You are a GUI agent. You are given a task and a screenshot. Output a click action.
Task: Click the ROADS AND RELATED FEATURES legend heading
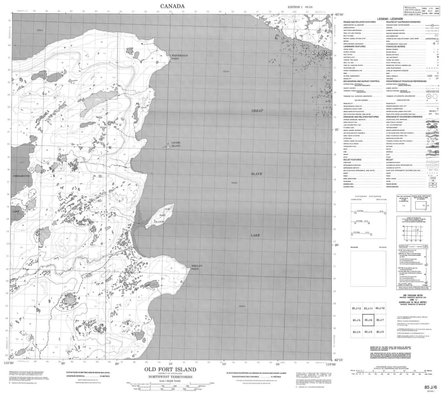(x=359, y=22)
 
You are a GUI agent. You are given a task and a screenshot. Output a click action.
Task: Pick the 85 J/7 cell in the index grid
(x=381, y=320)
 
